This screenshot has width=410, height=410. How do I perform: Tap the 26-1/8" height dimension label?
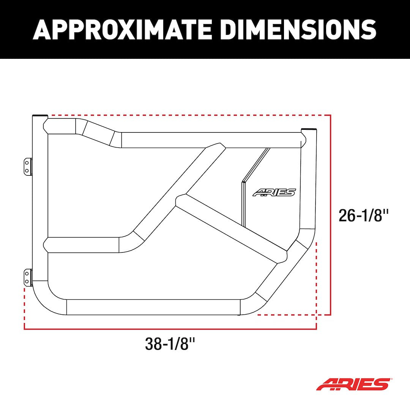[364, 216]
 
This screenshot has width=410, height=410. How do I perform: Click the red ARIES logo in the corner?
[353, 384]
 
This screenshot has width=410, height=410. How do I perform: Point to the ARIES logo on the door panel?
[274, 192]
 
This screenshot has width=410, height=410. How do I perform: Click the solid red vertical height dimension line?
[331, 214]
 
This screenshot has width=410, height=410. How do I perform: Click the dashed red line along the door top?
[190, 115]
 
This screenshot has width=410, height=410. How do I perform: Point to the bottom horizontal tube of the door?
[153, 307]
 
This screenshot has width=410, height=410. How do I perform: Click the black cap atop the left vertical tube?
[40, 115]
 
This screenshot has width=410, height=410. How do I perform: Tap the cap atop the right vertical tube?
[308, 129]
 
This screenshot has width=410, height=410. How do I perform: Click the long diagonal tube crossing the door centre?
[175, 190]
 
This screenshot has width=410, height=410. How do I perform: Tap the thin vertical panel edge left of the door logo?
[242, 203]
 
